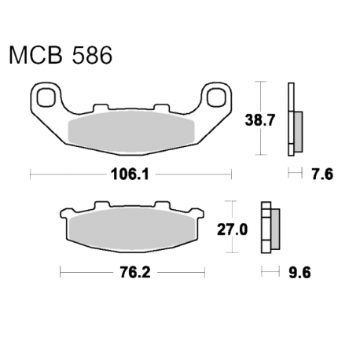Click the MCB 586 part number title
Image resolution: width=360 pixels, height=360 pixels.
coord(61,56)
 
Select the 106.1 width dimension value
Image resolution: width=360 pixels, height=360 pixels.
coord(130,174)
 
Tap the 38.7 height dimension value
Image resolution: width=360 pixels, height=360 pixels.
coord(260,120)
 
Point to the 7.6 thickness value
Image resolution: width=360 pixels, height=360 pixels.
coord(322,174)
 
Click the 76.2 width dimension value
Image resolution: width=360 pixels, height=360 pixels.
coord(135,273)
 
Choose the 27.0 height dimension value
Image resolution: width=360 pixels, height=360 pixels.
coord(233,230)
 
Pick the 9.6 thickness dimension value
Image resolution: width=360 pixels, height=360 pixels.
coord(299,273)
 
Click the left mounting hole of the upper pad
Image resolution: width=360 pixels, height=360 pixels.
coord(46,97)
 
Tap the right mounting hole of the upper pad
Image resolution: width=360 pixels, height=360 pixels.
coord(216,97)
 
